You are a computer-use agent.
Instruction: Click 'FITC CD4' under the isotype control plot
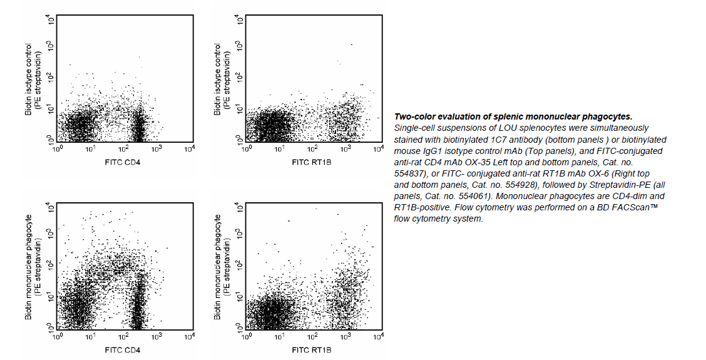(123, 162)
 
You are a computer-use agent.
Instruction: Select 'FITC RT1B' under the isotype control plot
(311, 162)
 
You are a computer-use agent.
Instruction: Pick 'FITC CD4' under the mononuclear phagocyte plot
(123, 349)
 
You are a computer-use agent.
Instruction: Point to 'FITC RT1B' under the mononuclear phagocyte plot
(311, 349)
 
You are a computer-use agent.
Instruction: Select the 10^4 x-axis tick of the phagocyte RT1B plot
(378, 337)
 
